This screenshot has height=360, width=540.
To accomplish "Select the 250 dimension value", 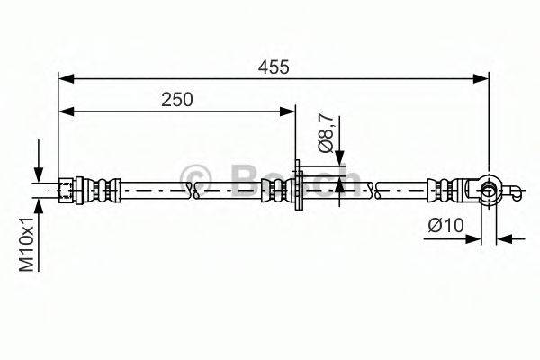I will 178,100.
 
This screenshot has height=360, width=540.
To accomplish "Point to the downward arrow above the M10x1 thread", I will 39,174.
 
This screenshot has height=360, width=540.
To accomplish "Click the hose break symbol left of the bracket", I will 191,189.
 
